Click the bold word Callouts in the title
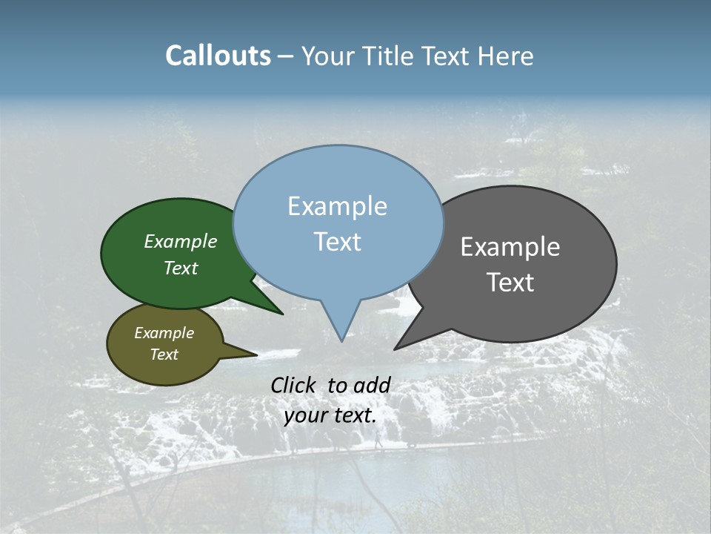click(x=218, y=56)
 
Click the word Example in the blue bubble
click(x=338, y=206)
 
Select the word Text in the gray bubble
click(x=510, y=283)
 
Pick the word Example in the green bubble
click(x=181, y=242)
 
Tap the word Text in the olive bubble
click(x=164, y=355)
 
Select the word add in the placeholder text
click(x=372, y=386)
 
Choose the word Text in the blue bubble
click(x=338, y=242)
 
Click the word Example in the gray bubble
click(x=510, y=247)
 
